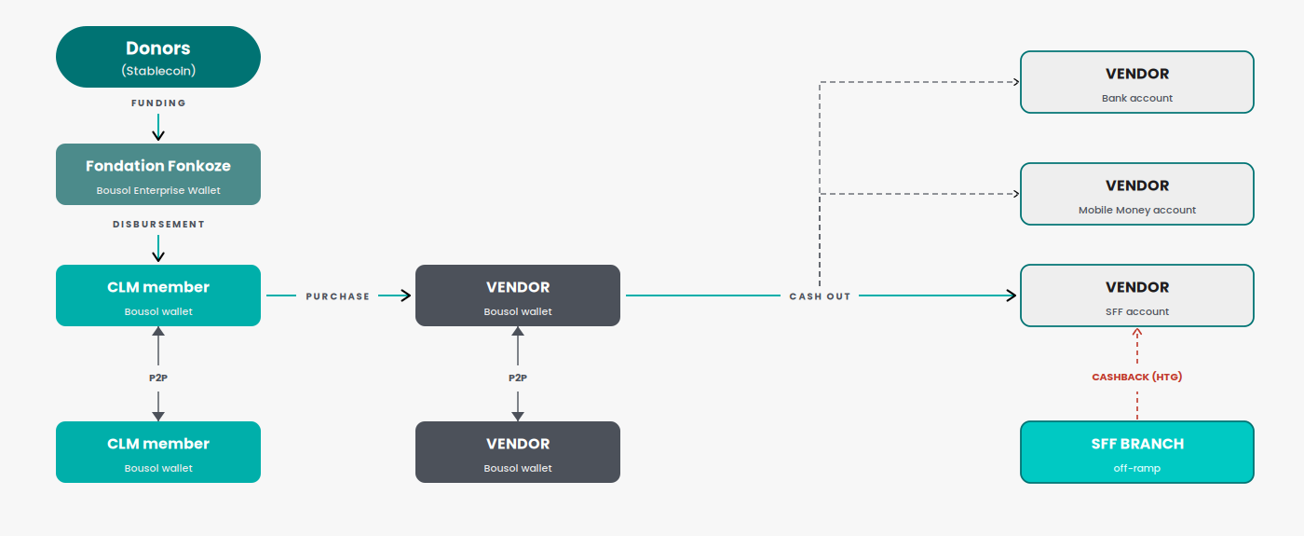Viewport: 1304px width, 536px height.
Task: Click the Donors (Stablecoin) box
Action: (158, 57)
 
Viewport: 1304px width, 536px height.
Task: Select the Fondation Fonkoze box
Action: (158, 174)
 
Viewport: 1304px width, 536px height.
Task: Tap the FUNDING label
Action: (158, 103)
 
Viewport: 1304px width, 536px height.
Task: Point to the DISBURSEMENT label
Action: (158, 225)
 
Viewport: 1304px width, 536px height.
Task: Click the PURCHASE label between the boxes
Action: (337, 296)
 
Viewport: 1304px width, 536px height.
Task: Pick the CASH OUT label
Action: (820, 296)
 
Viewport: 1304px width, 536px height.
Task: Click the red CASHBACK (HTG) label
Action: (1137, 377)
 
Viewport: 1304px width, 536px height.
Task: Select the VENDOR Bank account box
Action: (1137, 82)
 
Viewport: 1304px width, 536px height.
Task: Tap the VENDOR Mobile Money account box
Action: (1137, 194)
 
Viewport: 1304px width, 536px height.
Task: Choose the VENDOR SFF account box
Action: (1137, 295)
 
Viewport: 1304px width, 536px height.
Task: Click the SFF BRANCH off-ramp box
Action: (1137, 452)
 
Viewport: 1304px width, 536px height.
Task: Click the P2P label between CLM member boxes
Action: (158, 378)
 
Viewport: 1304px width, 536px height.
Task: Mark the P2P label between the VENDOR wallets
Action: (518, 378)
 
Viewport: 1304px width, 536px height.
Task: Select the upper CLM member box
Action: (158, 295)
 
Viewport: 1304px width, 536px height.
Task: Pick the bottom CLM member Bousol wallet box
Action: (158, 452)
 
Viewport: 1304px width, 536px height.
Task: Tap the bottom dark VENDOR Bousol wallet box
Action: (518, 452)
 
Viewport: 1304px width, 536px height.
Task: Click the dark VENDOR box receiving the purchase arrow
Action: (518, 295)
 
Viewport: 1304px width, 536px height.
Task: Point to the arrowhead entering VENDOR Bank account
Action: (1016, 82)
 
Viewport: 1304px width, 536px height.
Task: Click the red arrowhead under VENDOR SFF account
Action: (1137, 332)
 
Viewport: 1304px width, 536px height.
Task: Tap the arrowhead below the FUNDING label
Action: (158, 136)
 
